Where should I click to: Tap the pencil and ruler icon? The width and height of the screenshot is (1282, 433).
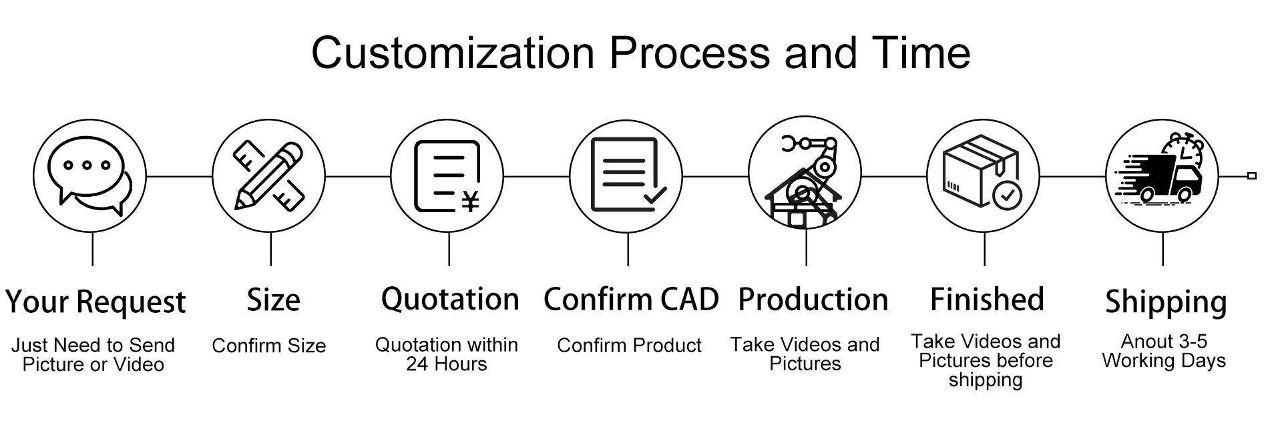(269, 176)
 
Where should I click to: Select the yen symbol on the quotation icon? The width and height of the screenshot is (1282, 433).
(471, 201)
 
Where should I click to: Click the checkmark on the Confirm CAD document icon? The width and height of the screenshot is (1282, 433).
(654, 195)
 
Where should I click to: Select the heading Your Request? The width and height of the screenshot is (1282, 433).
(95, 302)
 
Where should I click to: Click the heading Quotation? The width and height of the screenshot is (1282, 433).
(449, 299)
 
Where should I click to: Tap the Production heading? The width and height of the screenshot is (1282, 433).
(813, 300)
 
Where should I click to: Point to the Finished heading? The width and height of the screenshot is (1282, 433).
(987, 300)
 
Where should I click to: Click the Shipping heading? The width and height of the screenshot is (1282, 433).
(1165, 302)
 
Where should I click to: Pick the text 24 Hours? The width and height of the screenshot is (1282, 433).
(446, 364)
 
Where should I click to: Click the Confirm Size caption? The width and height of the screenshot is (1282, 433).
(268, 346)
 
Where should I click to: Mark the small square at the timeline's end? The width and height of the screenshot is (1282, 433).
(1252, 176)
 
